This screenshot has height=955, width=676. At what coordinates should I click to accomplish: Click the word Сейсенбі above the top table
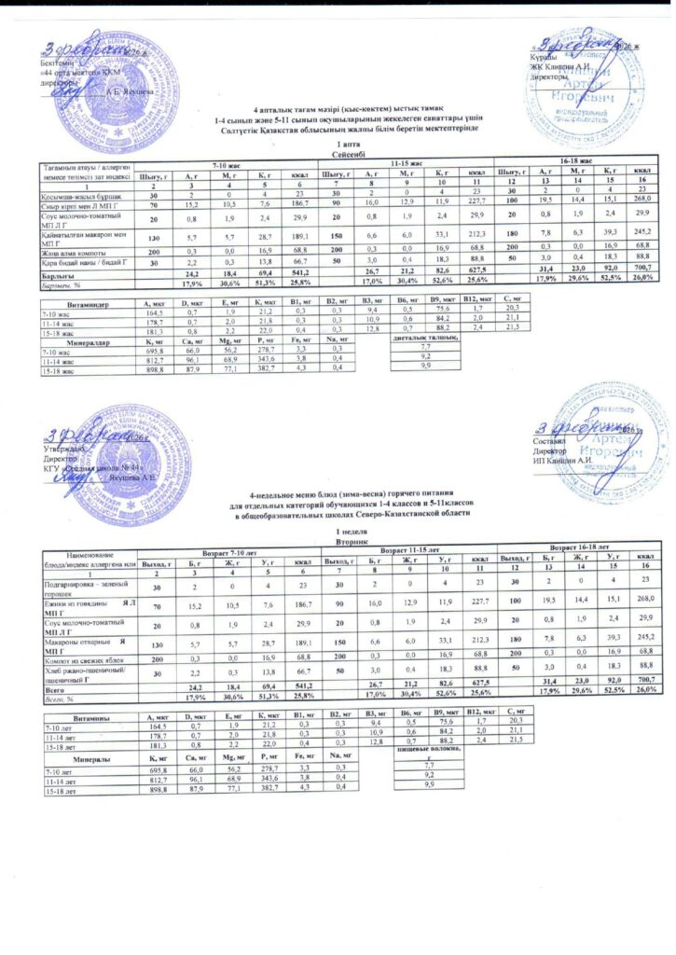pyautogui.click(x=338, y=155)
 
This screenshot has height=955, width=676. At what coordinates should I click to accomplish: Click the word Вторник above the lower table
pyautogui.click(x=337, y=538)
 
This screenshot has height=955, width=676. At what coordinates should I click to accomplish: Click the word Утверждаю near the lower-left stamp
pyautogui.click(x=66, y=450)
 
